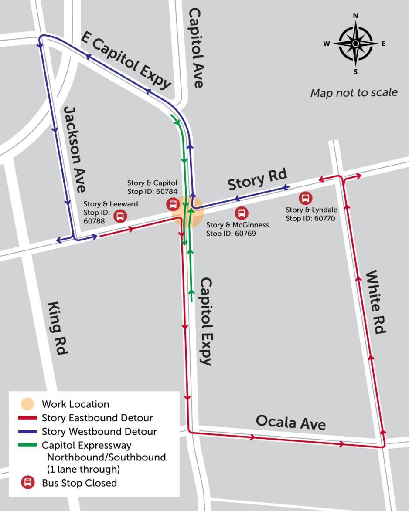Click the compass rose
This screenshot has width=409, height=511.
[355, 44]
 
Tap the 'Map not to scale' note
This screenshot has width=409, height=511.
[354, 93]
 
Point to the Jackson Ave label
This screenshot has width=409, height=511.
[74, 149]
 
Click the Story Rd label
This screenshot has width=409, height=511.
[257, 179]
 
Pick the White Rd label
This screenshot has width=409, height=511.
[375, 302]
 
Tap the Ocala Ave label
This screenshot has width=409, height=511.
[290, 422]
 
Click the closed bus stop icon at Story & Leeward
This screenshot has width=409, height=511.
[119, 216]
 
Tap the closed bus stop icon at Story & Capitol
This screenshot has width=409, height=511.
[173, 203]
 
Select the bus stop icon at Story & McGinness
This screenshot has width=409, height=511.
[241, 213]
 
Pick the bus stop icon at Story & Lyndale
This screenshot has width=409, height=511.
[305, 198]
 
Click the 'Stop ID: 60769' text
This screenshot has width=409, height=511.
[231, 233]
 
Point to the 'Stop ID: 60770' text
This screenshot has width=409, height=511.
[310, 218]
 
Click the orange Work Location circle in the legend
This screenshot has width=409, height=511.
[28, 404]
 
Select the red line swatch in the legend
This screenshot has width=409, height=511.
[28, 418]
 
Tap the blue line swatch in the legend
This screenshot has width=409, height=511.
[28, 432]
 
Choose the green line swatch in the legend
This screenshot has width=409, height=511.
[28, 445]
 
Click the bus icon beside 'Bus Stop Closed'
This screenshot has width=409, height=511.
[28, 483]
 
